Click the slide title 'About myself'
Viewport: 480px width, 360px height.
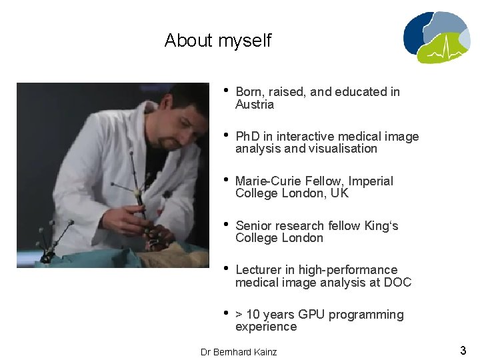pyautogui.click(x=217, y=41)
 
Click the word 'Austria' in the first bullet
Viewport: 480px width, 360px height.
pyautogui.click(x=255, y=105)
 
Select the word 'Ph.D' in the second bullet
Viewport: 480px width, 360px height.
pyautogui.click(x=249, y=137)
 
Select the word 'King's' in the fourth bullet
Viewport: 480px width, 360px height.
pyautogui.click(x=381, y=226)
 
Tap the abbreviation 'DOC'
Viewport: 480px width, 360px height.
pyautogui.click(x=397, y=282)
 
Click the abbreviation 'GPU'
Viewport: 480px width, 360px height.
pyautogui.click(x=311, y=315)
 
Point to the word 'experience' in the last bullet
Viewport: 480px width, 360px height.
pyautogui.click(x=266, y=327)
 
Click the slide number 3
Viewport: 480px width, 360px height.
pyautogui.click(x=463, y=350)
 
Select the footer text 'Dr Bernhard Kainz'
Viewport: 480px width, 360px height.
pyautogui.click(x=239, y=352)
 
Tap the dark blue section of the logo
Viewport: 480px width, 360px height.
pyautogui.click(x=417, y=33)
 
